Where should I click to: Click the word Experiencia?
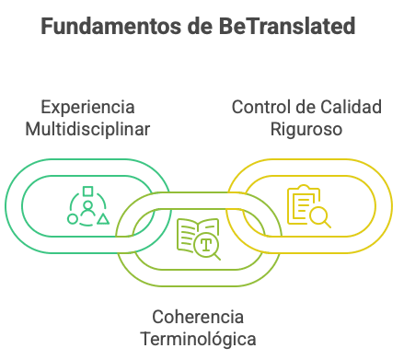pos(88,106)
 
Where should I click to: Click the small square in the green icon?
pos(87,193)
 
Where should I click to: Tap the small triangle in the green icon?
pos(103,219)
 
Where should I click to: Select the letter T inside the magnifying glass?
pos(206,244)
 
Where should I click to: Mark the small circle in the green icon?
pos(73,219)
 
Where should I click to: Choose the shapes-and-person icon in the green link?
pos(87,207)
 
